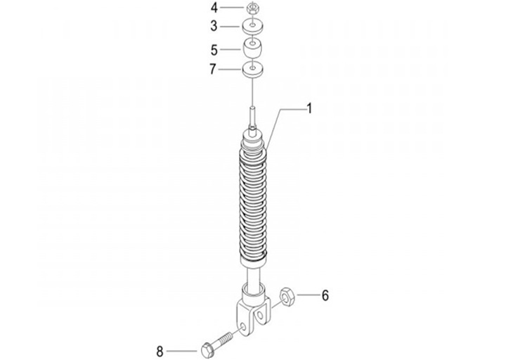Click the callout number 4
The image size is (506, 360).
coord(214,8)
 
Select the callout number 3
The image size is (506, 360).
coord(214,26)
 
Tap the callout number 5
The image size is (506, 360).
coord(214,50)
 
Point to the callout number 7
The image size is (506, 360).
coord(213,69)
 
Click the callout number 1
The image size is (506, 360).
coord(309,109)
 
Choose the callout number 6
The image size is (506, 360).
coord(325,295)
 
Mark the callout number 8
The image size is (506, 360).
coord(160,351)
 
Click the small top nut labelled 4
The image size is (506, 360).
coord(252,8)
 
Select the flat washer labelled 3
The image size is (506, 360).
coord(253,27)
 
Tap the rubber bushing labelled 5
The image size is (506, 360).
coord(252,49)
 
